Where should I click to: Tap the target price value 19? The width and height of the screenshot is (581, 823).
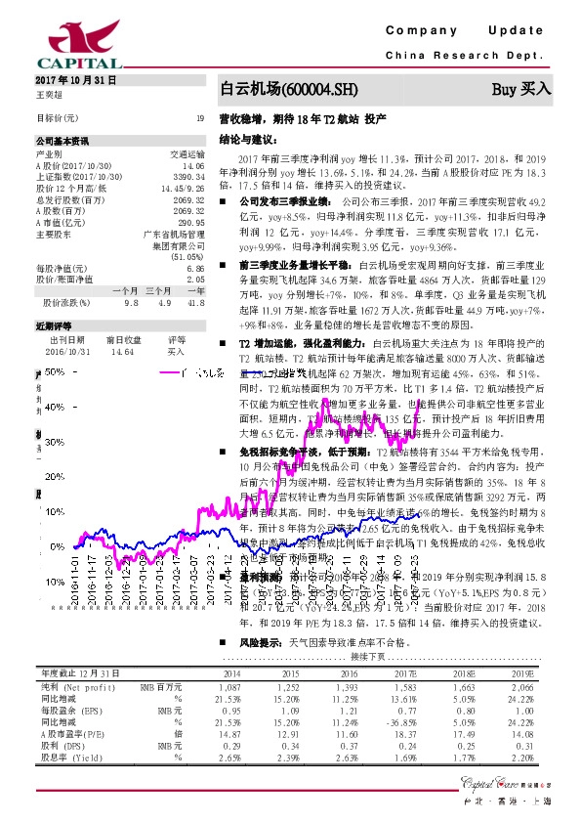199,118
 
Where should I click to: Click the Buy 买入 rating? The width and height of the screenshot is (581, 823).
521,90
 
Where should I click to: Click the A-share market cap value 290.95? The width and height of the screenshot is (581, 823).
190,223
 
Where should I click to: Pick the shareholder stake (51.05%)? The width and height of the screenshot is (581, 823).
187,257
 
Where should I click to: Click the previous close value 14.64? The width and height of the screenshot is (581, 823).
122,351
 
